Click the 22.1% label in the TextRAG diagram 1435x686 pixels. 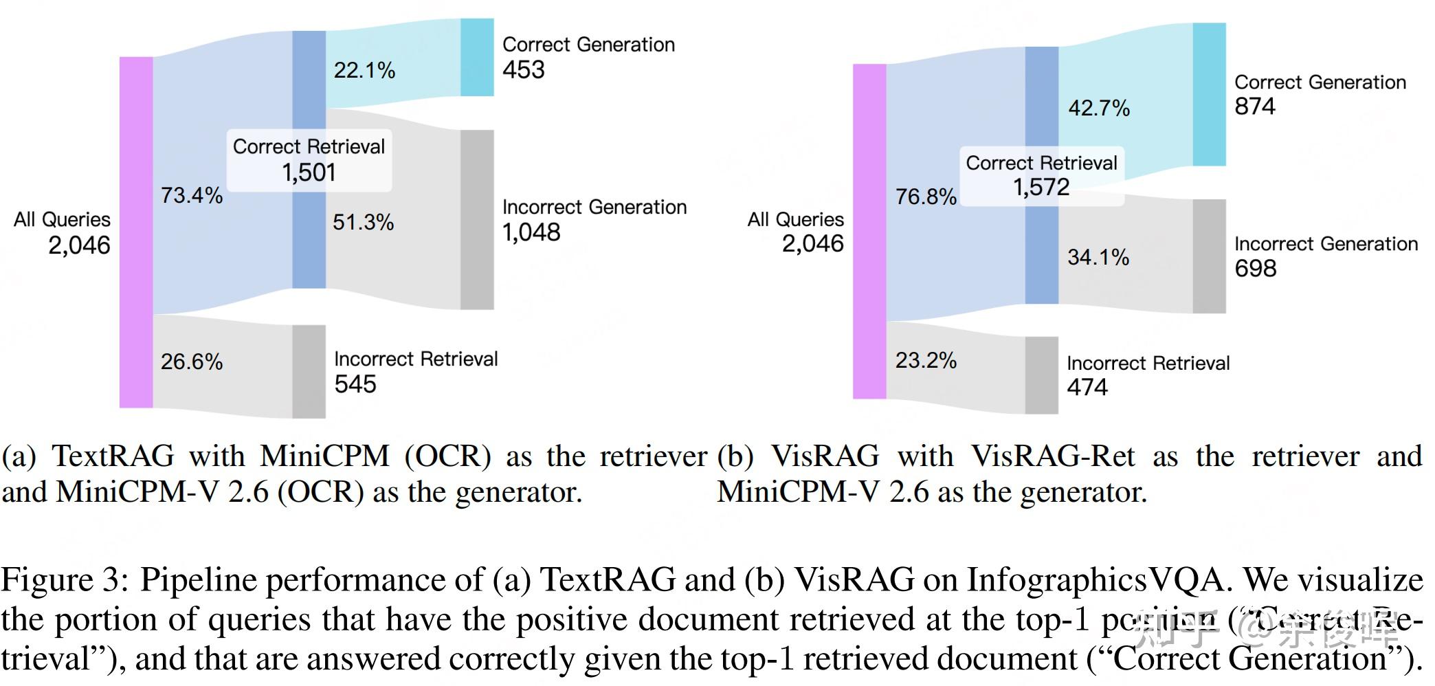364,70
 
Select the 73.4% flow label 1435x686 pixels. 192,195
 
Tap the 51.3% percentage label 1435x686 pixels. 363,222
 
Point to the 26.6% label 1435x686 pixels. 192,362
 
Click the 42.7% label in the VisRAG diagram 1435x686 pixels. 1098,108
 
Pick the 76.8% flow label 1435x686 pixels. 926,197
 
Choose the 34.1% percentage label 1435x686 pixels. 1098,257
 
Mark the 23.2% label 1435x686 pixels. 926,360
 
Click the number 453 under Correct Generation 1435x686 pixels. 523,69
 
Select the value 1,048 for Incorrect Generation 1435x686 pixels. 531,232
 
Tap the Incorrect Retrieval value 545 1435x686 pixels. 355,384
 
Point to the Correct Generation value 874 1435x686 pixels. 1254,107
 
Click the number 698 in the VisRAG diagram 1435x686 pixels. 1255,268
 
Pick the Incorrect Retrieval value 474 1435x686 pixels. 1087,387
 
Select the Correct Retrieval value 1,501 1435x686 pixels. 309,172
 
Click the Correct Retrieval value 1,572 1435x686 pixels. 1041,187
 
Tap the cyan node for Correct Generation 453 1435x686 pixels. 477,57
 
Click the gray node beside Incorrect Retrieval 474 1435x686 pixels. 1041,375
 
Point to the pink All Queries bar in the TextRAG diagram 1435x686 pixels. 136,232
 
